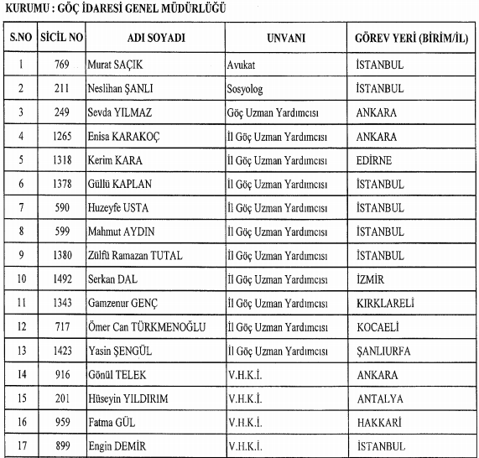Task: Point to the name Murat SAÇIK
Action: click(117, 64)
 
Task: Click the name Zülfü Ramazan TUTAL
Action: click(134, 255)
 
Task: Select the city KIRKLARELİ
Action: click(385, 302)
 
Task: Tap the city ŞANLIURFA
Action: click(383, 351)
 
